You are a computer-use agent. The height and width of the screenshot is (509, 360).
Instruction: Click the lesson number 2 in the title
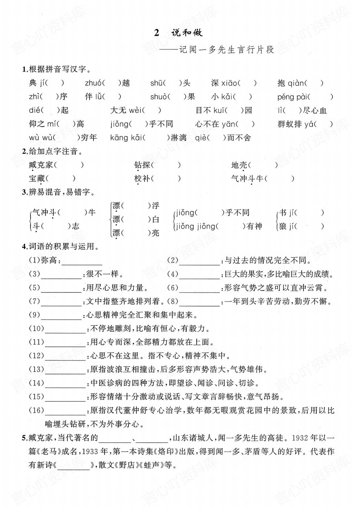(157, 33)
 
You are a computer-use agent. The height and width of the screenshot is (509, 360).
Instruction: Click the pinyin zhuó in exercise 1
(93, 83)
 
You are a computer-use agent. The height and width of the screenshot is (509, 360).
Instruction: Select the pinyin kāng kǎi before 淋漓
(126, 138)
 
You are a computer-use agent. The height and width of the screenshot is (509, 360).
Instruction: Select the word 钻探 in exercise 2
(142, 165)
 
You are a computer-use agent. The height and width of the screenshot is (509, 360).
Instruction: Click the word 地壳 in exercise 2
(239, 165)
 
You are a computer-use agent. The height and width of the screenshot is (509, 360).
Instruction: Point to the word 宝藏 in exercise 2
(37, 178)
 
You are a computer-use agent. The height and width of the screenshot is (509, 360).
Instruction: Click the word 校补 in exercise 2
(142, 178)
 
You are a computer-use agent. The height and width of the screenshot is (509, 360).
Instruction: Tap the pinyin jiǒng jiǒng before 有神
(195, 226)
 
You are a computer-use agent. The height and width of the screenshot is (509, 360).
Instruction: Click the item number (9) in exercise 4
(34, 315)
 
